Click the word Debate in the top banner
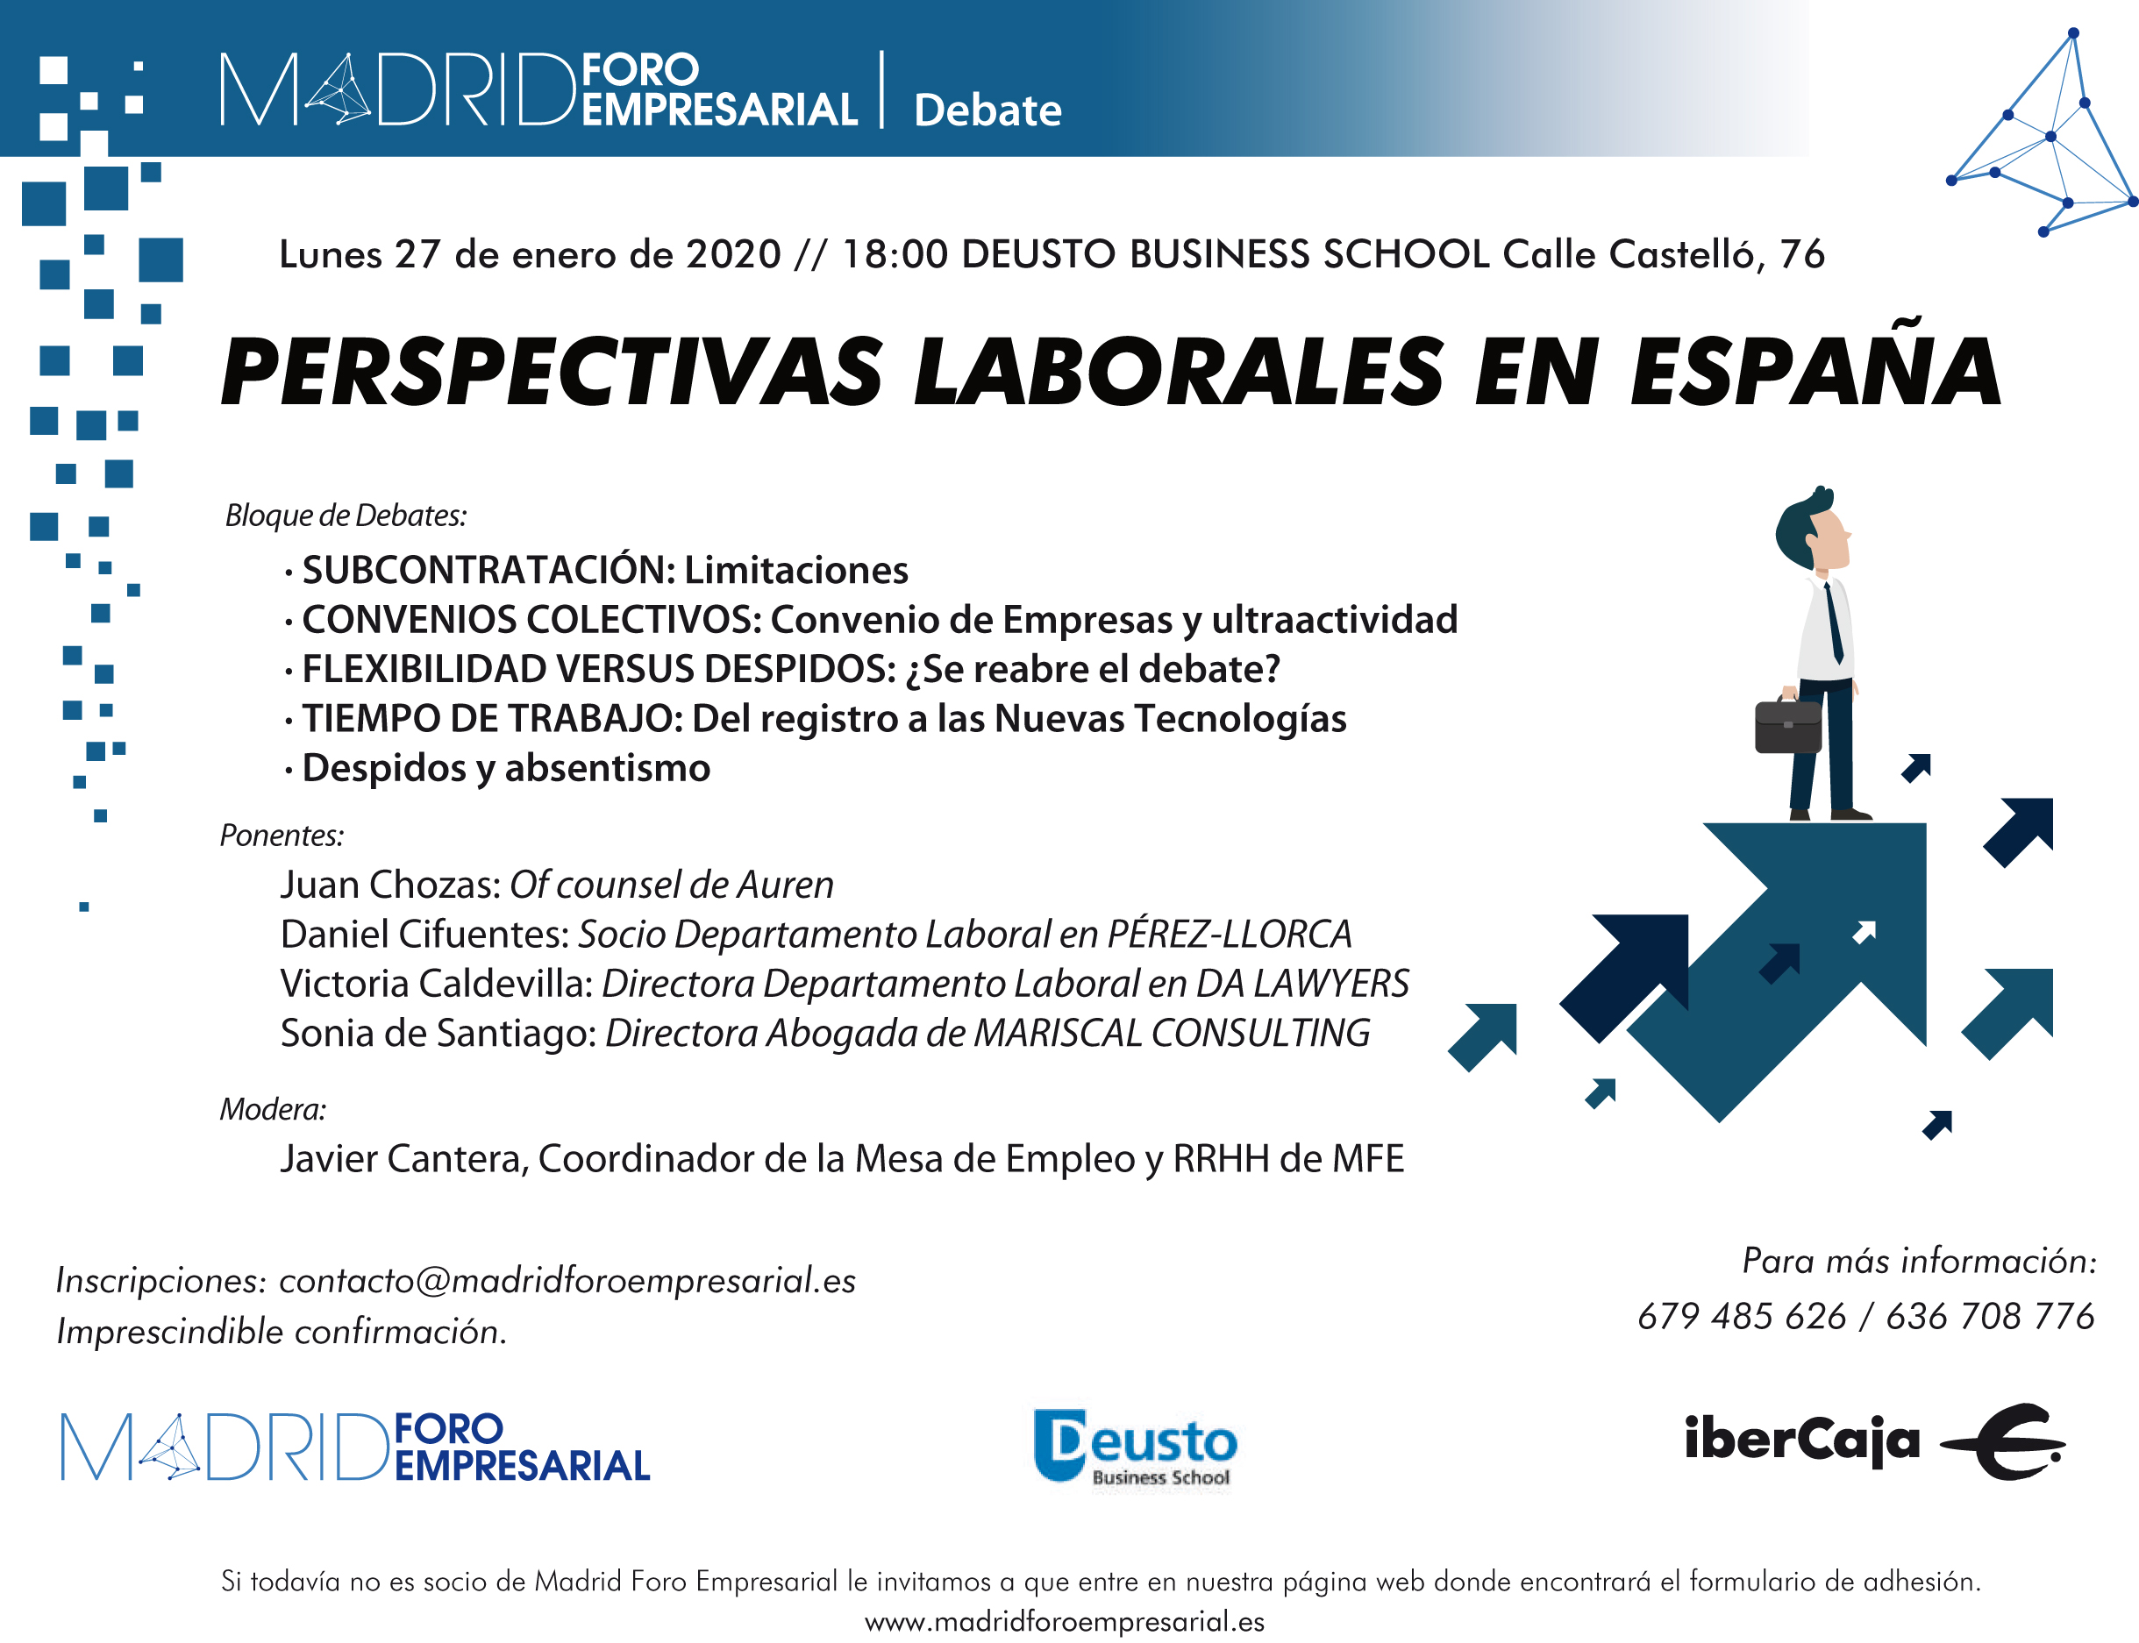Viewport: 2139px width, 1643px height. [x=987, y=110]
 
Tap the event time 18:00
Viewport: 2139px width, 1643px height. [x=895, y=254]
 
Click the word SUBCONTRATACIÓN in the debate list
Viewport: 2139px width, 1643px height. [x=488, y=569]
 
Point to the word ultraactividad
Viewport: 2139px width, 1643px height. [x=1334, y=619]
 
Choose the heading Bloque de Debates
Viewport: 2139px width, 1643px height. [x=346, y=516]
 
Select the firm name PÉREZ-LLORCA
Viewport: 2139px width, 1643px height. [x=1230, y=934]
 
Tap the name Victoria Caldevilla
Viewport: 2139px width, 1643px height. [x=436, y=984]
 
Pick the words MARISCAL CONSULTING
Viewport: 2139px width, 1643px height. [x=1172, y=1033]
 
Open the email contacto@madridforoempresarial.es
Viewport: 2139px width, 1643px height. [x=567, y=1280]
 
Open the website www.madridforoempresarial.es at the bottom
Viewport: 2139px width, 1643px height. [x=1064, y=1621]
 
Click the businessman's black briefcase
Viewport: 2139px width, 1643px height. [x=1788, y=725]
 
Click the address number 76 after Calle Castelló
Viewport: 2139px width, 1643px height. [x=1801, y=254]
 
